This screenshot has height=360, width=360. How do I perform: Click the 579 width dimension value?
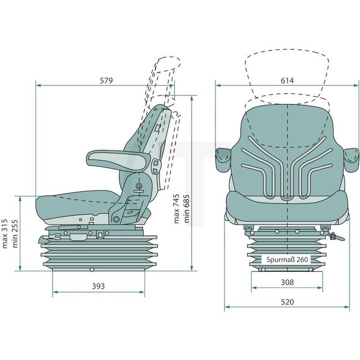(106, 80)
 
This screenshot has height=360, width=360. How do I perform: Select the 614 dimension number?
(286, 80)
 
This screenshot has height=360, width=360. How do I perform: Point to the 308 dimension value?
(286, 282)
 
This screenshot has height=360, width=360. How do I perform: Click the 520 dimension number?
(286, 302)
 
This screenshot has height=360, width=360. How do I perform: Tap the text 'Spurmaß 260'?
(286, 259)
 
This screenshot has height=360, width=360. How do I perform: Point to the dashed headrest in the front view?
(287, 72)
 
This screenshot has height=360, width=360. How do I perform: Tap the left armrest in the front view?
(223, 158)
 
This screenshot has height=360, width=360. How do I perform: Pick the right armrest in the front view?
(351, 158)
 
